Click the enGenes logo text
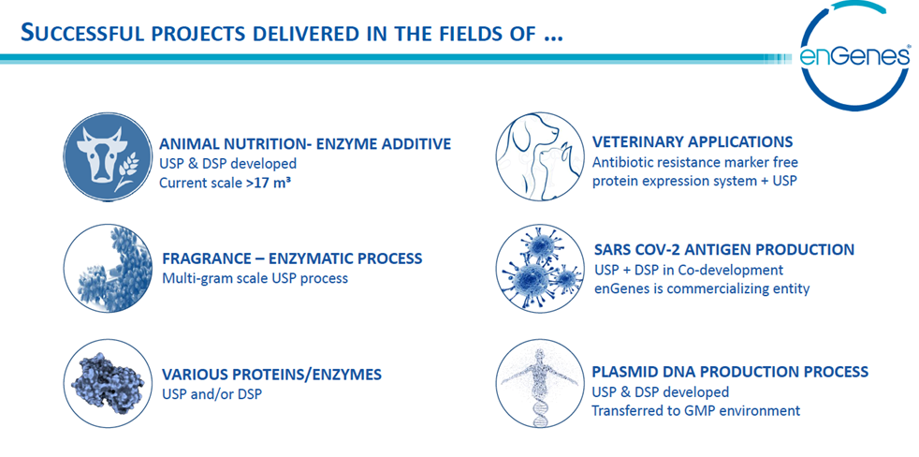853,56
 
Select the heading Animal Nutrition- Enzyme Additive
305,143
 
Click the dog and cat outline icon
539,156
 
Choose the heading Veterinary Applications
693,142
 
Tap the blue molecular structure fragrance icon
108,268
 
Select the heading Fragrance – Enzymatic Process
293,258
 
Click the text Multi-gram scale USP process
255,277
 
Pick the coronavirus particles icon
539,267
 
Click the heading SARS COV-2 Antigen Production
723,249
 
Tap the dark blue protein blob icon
108,382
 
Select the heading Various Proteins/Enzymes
271,374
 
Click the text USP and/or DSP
212,393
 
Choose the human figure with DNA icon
539,382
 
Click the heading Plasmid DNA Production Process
730,372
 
